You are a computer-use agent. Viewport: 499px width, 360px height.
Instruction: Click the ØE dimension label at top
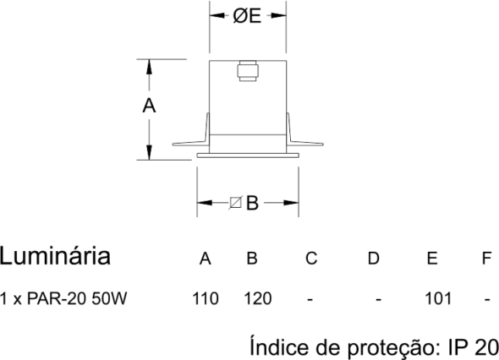247,16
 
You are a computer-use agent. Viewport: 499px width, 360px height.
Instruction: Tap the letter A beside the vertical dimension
149,106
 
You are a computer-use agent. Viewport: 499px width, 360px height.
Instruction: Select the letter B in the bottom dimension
252,203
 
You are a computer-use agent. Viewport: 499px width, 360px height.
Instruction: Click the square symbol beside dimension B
235,203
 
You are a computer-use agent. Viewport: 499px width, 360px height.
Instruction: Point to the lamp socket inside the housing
248,71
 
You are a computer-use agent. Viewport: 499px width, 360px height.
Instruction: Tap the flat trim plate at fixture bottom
248,155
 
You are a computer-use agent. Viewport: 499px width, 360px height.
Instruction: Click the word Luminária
55,256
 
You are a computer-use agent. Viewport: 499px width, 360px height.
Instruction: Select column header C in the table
311,259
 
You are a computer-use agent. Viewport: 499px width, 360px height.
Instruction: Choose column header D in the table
374,259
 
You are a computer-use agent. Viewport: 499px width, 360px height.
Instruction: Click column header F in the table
486,259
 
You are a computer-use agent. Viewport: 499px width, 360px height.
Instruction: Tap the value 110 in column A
206,298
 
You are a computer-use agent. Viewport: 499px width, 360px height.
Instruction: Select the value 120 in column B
258,298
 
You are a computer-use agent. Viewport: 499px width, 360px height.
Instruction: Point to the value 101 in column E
438,298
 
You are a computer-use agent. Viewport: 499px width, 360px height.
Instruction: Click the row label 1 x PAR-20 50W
63,298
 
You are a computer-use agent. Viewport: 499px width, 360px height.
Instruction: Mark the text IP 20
474,347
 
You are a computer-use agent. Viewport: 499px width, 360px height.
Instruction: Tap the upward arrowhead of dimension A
149,67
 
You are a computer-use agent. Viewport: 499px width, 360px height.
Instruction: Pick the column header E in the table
432,259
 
